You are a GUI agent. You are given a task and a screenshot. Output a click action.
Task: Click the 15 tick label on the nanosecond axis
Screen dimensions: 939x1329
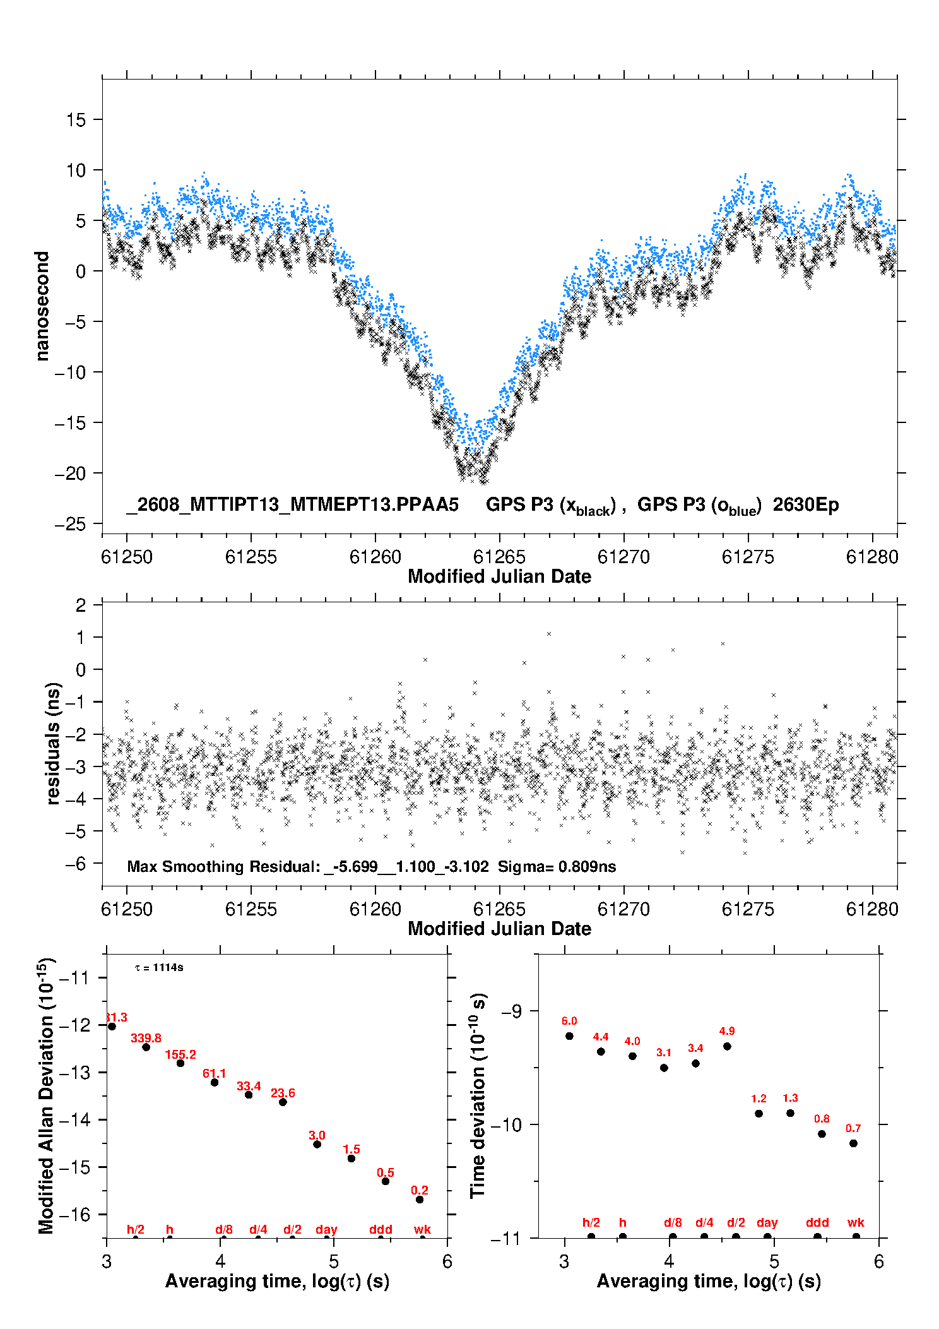pyautogui.click(x=76, y=119)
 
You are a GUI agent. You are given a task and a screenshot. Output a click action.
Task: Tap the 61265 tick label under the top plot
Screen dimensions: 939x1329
pyautogui.click(x=499, y=557)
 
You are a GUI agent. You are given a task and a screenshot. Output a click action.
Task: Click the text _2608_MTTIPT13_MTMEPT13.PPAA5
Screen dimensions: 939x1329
pyautogui.click(x=293, y=504)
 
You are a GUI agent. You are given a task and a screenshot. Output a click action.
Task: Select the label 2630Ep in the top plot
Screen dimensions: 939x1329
pyautogui.click(x=806, y=504)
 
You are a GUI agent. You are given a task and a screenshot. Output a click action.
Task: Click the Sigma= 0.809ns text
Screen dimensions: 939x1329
pyautogui.click(x=557, y=866)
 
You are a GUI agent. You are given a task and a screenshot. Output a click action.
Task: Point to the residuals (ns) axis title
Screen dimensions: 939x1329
pyautogui.click(x=53, y=744)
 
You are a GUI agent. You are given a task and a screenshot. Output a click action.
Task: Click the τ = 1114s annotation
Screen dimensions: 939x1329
pyautogui.click(x=160, y=967)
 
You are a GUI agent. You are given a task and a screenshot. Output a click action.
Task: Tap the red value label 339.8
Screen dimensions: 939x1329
pyautogui.click(x=146, y=1038)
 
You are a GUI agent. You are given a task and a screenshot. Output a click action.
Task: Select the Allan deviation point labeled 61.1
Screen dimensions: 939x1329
pyautogui.click(x=215, y=1082)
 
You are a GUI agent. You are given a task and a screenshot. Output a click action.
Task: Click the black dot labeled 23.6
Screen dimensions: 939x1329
pyautogui.click(x=283, y=1102)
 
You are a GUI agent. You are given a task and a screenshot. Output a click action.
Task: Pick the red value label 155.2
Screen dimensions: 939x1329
pyautogui.click(x=180, y=1054)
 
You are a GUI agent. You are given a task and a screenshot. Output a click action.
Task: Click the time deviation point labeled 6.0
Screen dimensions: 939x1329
pyautogui.click(x=569, y=1035)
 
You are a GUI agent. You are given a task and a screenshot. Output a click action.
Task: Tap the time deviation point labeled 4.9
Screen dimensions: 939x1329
pyautogui.click(x=727, y=1046)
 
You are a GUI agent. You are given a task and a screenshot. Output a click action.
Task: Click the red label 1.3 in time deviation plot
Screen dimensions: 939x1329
pyautogui.click(x=790, y=1098)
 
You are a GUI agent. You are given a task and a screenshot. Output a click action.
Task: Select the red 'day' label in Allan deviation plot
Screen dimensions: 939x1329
pyautogui.click(x=326, y=1229)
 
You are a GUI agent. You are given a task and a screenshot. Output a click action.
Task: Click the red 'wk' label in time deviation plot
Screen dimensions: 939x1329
pyautogui.click(x=856, y=1222)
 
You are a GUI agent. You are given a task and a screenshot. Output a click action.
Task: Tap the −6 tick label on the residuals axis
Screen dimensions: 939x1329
pyautogui.click(x=75, y=864)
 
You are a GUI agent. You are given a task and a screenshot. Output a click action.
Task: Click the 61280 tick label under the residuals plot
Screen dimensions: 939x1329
pyautogui.click(x=872, y=909)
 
